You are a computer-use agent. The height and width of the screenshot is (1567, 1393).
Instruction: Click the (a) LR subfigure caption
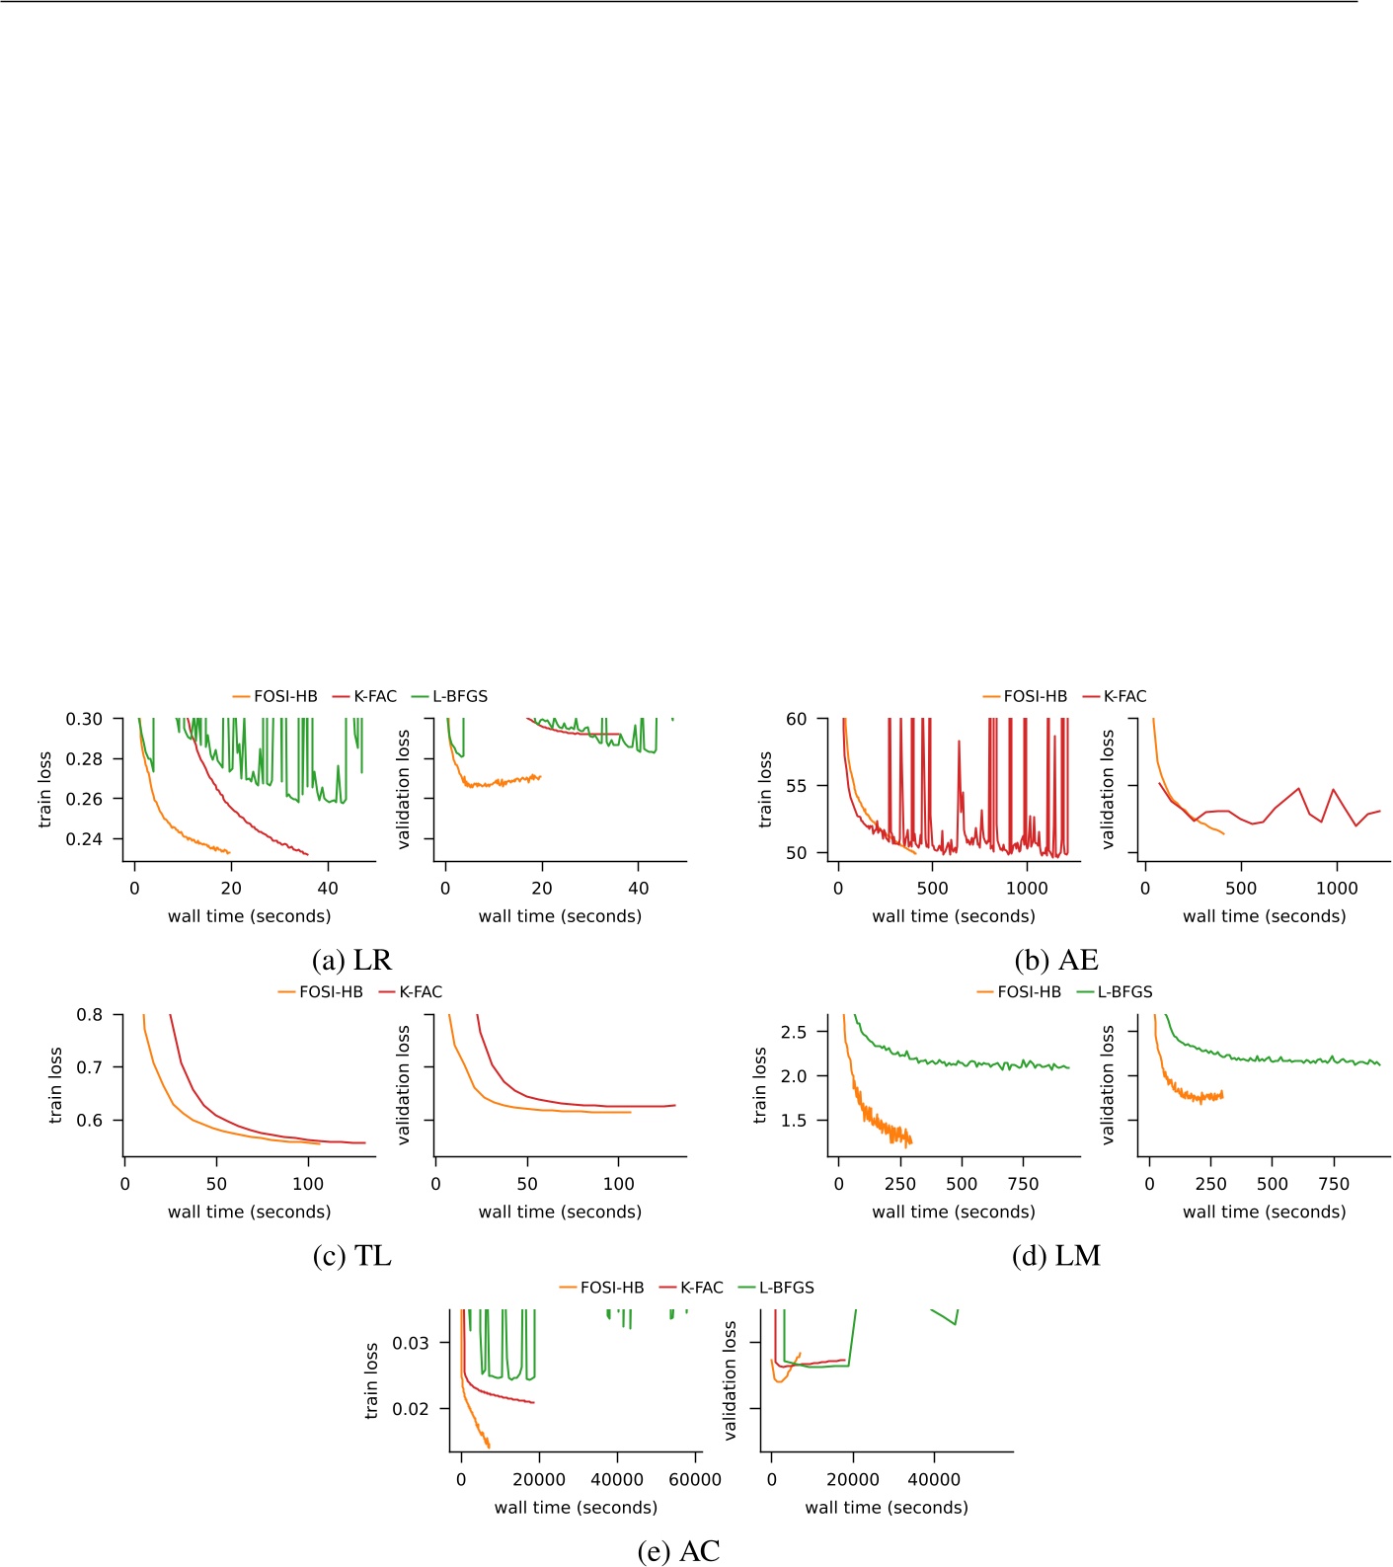[x=351, y=960]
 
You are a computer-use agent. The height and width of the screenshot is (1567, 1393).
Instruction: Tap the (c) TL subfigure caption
[x=351, y=1255]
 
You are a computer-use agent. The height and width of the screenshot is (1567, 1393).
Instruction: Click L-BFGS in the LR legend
[x=459, y=696]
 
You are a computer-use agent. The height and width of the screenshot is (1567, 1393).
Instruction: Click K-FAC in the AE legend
[x=1124, y=696]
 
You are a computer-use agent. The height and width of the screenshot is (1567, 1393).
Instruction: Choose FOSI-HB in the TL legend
[x=331, y=991]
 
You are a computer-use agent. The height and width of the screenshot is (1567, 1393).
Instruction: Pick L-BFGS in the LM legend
[x=1124, y=991]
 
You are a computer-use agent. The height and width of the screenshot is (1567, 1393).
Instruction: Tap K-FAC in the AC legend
[x=701, y=1288]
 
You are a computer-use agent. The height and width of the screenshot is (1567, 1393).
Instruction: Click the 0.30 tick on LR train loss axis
[x=84, y=719]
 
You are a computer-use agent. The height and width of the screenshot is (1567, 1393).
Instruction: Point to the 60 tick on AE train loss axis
[x=796, y=719]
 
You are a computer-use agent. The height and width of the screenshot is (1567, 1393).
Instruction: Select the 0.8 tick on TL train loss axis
[x=90, y=1014]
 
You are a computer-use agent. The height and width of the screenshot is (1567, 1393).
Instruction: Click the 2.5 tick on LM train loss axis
[x=793, y=1032]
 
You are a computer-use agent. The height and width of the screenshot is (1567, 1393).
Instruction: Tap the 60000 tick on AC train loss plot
[x=695, y=1479]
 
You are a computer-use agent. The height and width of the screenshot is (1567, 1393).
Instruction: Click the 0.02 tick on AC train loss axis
[x=410, y=1408]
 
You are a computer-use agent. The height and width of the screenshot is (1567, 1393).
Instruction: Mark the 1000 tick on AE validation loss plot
[x=1337, y=888]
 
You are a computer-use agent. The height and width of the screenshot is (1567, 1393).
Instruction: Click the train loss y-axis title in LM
[x=760, y=1085]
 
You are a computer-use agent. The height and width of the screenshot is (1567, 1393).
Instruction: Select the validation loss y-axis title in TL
[x=404, y=1085]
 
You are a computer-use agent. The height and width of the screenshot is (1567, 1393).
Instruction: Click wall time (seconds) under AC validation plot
[x=886, y=1507]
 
